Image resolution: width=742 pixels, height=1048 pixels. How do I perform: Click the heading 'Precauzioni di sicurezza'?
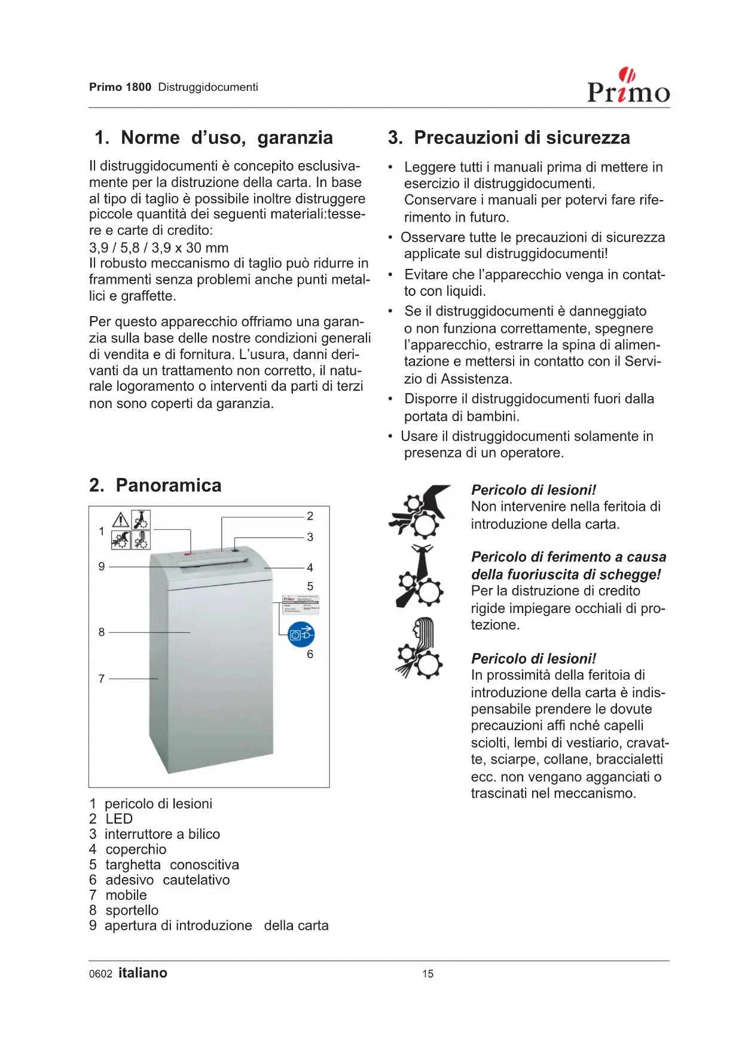(509, 138)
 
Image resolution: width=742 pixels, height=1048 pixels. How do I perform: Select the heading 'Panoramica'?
(155, 485)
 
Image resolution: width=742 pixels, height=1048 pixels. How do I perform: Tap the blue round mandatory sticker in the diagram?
(301, 635)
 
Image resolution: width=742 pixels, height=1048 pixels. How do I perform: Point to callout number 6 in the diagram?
(310, 654)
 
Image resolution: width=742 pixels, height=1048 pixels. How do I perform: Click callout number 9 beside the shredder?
(102, 566)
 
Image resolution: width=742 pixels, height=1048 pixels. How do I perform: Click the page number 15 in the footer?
(428, 974)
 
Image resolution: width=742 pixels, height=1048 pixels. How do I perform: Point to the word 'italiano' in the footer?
(143, 973)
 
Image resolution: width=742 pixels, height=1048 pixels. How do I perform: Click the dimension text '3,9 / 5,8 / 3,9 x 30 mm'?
(158, 248)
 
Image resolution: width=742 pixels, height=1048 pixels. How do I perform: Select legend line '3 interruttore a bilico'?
(154, 834)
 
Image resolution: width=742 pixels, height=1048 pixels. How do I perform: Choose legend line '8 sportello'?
(124, 911)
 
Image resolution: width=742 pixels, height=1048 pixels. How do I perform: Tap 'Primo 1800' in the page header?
(120, 87)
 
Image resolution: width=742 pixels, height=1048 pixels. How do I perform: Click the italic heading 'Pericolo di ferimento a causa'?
(568, 557)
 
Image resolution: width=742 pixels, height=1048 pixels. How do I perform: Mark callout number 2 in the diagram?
(310, 516)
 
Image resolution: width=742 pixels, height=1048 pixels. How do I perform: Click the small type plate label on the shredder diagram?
(301, 604)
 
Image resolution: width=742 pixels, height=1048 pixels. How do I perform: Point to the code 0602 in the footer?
(100, 974)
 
